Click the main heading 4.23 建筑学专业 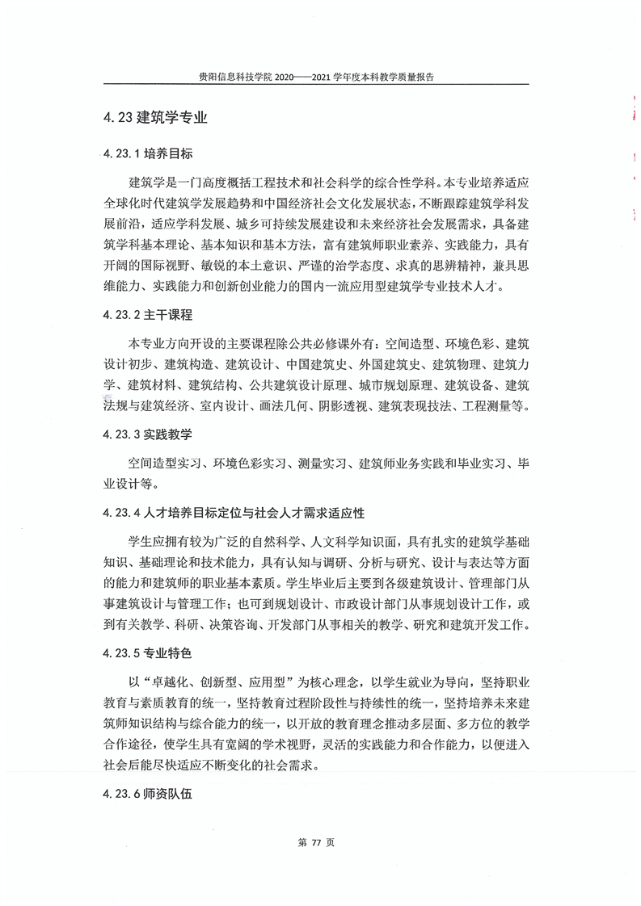(154, 117)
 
